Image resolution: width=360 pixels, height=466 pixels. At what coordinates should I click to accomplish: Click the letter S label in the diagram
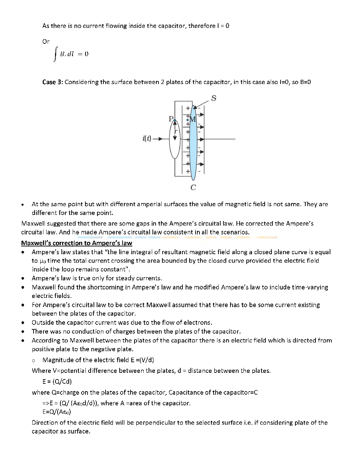coord(214,98)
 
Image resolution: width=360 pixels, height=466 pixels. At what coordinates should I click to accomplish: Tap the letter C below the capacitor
coord(193,187)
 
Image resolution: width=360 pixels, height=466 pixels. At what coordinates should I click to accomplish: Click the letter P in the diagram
coord(171,119)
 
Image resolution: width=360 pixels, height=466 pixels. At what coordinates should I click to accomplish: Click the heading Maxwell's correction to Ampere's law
coord(77,243)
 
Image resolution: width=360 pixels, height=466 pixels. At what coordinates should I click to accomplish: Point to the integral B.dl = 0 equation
coord(71,54)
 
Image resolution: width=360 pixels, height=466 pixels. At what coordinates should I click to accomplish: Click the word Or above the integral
coord(46,41)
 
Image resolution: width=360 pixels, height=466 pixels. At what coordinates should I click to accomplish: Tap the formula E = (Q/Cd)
coord(57,381)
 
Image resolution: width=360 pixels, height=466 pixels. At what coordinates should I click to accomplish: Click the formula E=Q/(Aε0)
coord(57,412)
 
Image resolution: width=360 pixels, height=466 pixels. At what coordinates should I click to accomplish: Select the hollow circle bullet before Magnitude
coord(34,360)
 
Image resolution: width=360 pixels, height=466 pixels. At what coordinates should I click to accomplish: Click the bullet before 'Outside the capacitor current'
coord(23,323)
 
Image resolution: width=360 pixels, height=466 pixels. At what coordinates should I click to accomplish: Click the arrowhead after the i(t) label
coord(162,139)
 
